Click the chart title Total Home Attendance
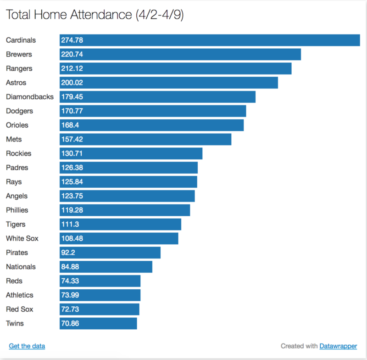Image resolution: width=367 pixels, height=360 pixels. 94,15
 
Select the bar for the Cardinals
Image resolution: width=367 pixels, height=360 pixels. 210,40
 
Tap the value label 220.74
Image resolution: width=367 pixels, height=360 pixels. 72,55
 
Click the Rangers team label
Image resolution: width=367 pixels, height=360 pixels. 19,69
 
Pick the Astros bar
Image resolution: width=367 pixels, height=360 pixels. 169,83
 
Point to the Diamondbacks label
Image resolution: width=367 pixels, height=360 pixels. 29,97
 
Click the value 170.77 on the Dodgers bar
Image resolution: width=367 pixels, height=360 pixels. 72,111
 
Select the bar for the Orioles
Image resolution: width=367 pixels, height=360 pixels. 151,125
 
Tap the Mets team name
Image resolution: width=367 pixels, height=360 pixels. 14,140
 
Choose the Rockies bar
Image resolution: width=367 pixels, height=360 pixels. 131,154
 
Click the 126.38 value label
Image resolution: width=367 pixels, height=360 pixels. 72,168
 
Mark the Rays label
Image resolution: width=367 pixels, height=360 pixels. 14,182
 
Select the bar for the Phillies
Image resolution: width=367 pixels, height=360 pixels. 125,210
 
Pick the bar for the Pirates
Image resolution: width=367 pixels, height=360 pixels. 110,253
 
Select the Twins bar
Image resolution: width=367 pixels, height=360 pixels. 98,324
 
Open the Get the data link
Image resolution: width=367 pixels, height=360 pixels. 27,346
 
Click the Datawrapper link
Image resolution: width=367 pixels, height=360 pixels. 338,346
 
